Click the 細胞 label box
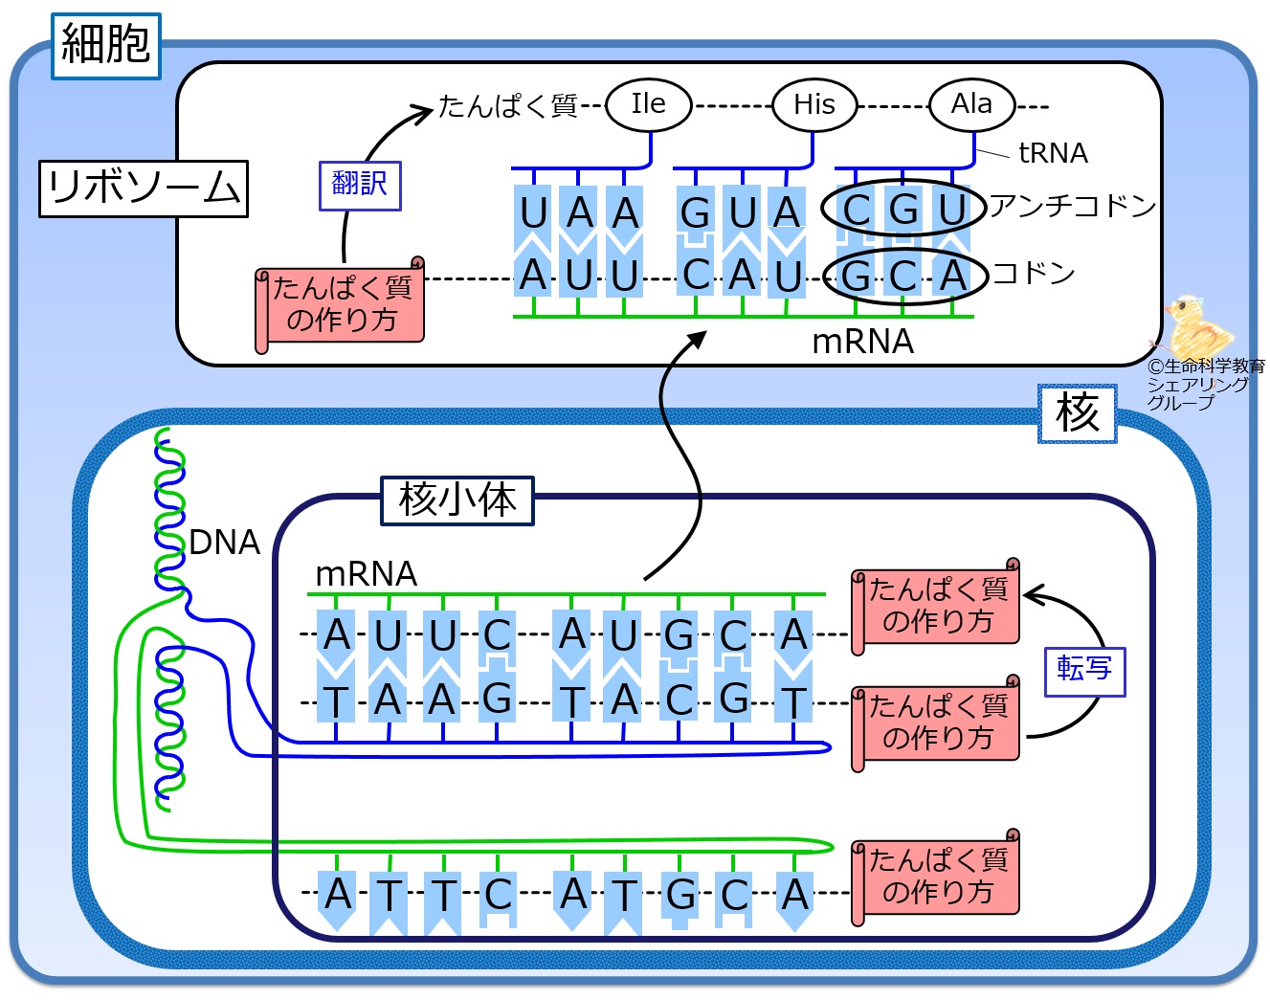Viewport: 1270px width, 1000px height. click(x=106, y=46)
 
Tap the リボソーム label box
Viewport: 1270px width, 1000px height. click(x=144, y=189)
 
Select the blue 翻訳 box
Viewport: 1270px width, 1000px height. click(x=360, y=186)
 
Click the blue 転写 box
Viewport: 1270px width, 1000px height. click(x=1084, y=672)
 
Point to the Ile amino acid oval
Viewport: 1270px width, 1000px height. click(x=649, y=105)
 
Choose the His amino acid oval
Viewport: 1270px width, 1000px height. click(x=814, y=105)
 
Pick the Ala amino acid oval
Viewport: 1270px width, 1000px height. click(x=972, y=105)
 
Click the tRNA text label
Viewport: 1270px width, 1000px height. click(x=1053, y=153)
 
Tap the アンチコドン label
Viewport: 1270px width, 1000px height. click(x=1072, y=206)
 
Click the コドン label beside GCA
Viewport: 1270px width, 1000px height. click(x=1034, y=273)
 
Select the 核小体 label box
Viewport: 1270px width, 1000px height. click(x=457, y=500)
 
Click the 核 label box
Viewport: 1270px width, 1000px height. click(x=1078, y=413)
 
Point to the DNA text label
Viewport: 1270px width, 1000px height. click(x=225, y=542)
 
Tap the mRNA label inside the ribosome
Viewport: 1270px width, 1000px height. click(x=863, y=342)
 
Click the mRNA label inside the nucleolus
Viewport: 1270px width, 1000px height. click(x=367, y=574)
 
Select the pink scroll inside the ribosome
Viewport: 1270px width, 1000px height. click(x=340, y=304)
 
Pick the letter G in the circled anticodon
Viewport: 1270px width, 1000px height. click(x=903, y=209)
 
